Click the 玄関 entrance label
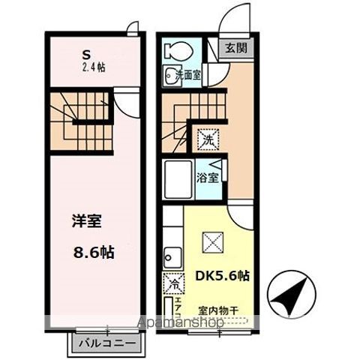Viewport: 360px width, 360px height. (235, 49)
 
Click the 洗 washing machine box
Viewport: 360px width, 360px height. (206, 138)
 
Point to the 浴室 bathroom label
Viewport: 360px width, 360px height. (208, 178)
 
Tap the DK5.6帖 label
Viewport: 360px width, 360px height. (222, 274)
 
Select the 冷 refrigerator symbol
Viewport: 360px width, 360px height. (172, 284)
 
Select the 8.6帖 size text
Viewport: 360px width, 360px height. (94, 253)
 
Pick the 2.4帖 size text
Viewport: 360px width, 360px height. (94, 67)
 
